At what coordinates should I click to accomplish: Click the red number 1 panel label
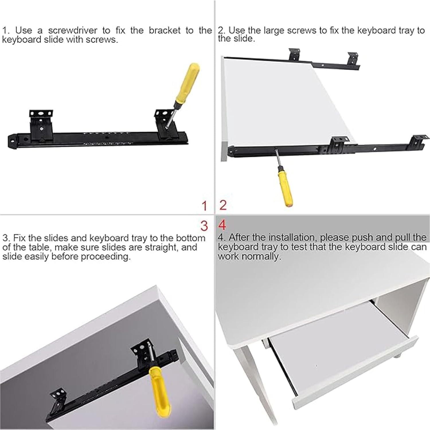point(204,206)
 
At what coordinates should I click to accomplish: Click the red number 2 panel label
point(223,205)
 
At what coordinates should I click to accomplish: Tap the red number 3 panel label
point(204,226)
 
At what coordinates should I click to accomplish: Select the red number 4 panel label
point(222,225)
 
